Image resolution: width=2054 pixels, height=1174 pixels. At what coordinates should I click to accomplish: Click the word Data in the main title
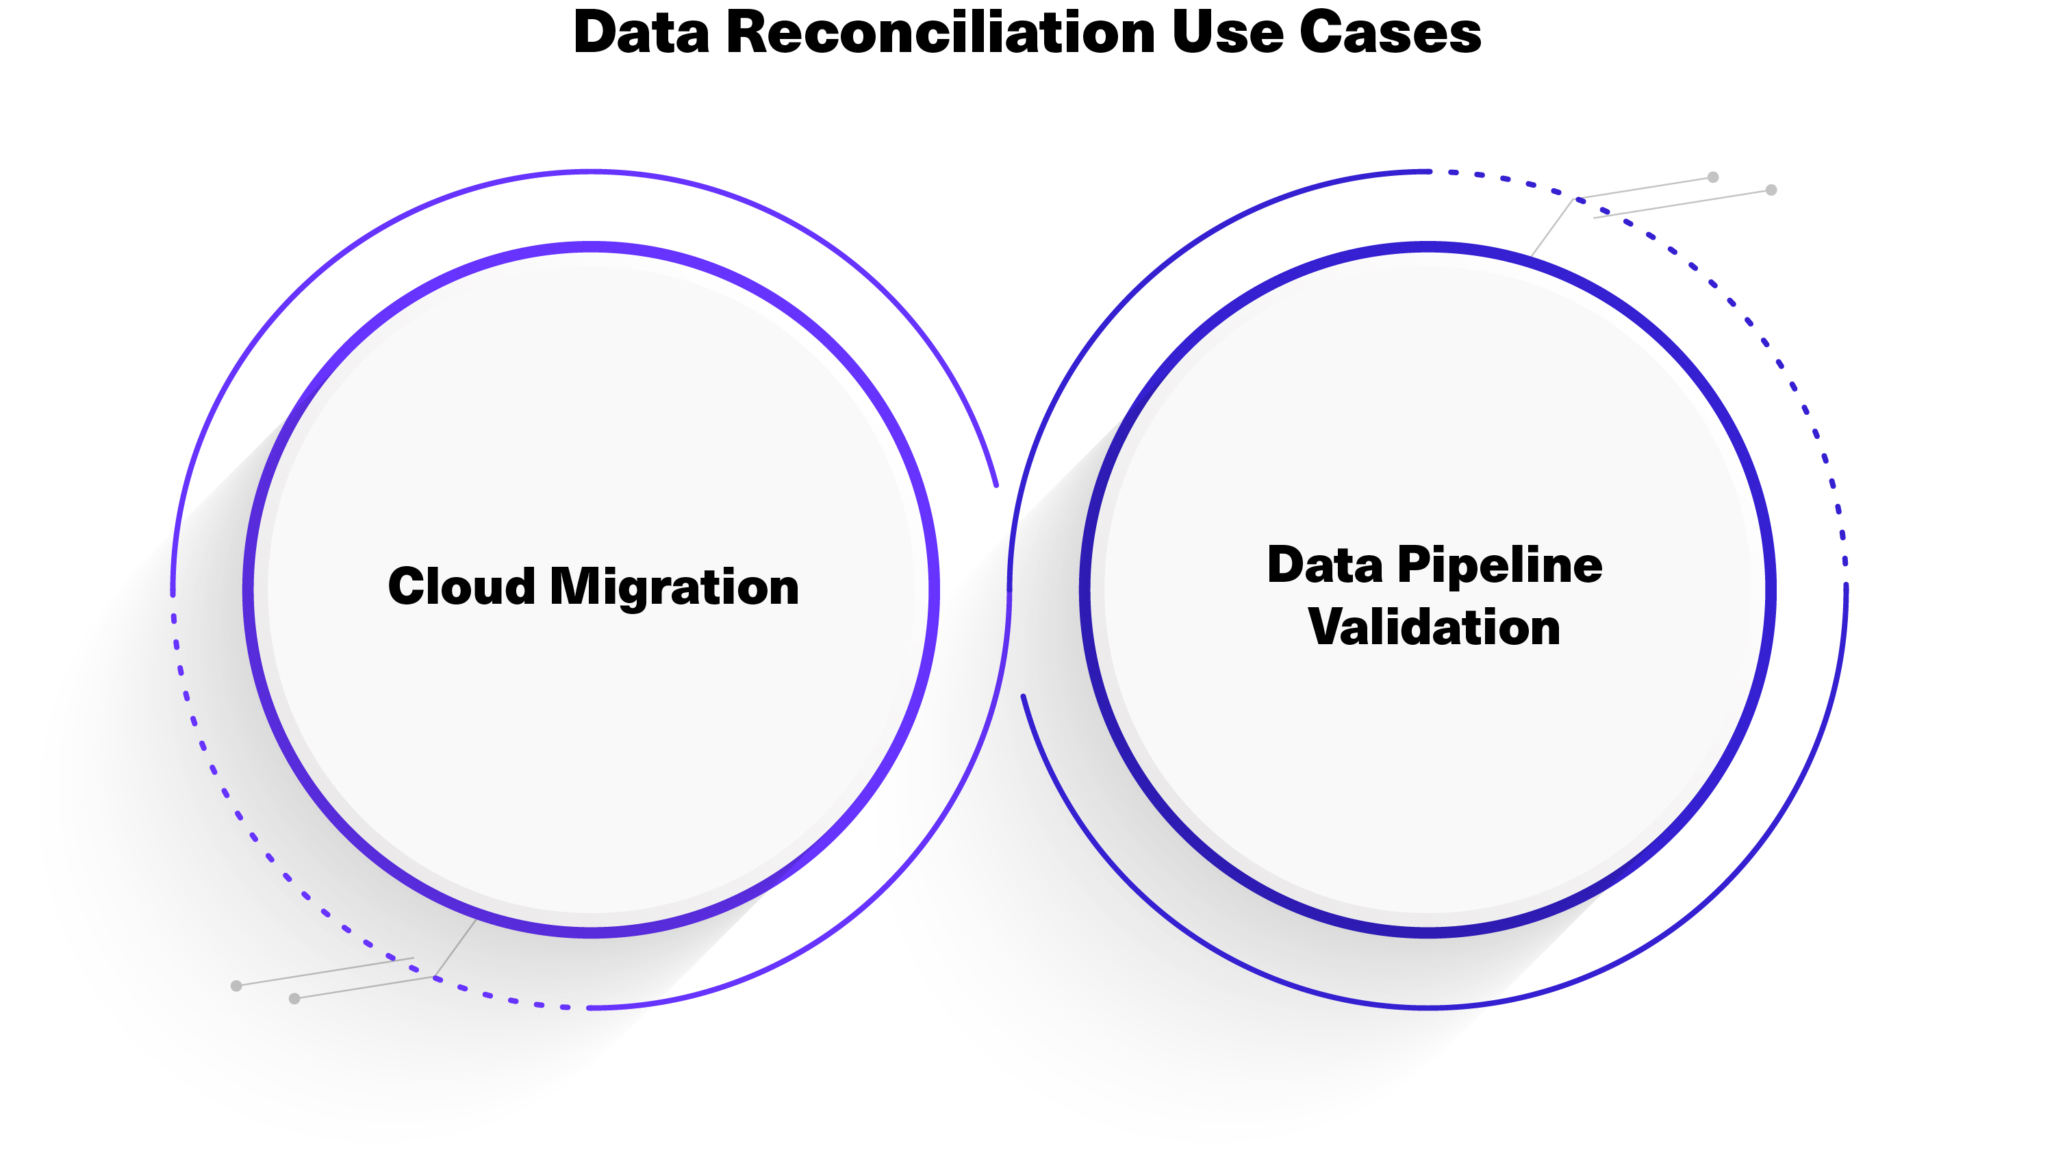click(x=641, y=34)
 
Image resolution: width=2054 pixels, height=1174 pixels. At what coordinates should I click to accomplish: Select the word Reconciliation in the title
click(x=940, y=34)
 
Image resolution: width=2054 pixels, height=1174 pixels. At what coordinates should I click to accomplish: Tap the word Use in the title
click(x=1227, y=34)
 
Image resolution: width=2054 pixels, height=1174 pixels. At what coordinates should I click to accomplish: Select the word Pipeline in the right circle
click(x=1500, y=565)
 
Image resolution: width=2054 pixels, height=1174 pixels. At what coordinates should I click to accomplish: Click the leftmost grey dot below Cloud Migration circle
click(x=236, y=986)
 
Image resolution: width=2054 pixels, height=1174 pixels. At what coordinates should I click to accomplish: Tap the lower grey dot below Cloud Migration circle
click(x=294, y=999)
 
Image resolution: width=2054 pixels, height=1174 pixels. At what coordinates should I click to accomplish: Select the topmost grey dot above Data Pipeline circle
click(x=1713, y=177)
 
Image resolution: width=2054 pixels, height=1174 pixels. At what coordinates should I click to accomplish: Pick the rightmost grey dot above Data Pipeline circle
click(x=1771, y=190)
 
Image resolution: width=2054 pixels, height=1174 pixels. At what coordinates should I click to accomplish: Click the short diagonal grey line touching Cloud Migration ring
click(x=455, y=948)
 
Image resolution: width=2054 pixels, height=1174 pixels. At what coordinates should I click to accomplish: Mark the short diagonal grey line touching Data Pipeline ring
click(x=1551, y=228)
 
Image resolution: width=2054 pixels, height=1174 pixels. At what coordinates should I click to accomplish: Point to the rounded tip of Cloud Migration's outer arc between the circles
click(x=996, y=485)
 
